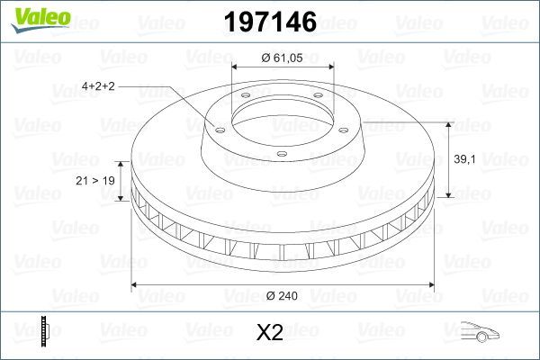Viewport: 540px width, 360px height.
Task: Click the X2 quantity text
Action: pos(270,333)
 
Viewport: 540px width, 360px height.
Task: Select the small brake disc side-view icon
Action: pos(43,332)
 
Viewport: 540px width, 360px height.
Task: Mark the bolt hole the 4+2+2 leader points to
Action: pos(215,126)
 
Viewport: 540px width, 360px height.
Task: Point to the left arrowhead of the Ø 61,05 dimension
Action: pos(237,67)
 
